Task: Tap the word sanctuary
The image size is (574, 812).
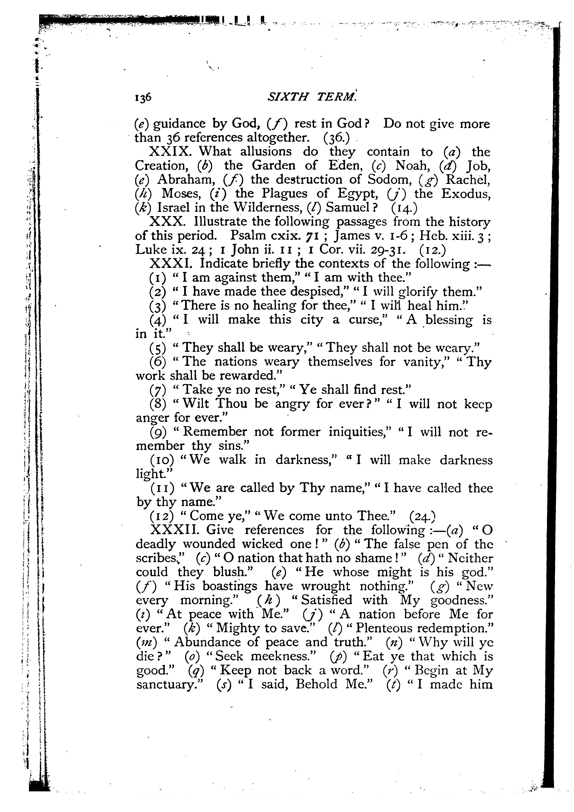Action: pyautogui.click(x=168, y=684)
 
